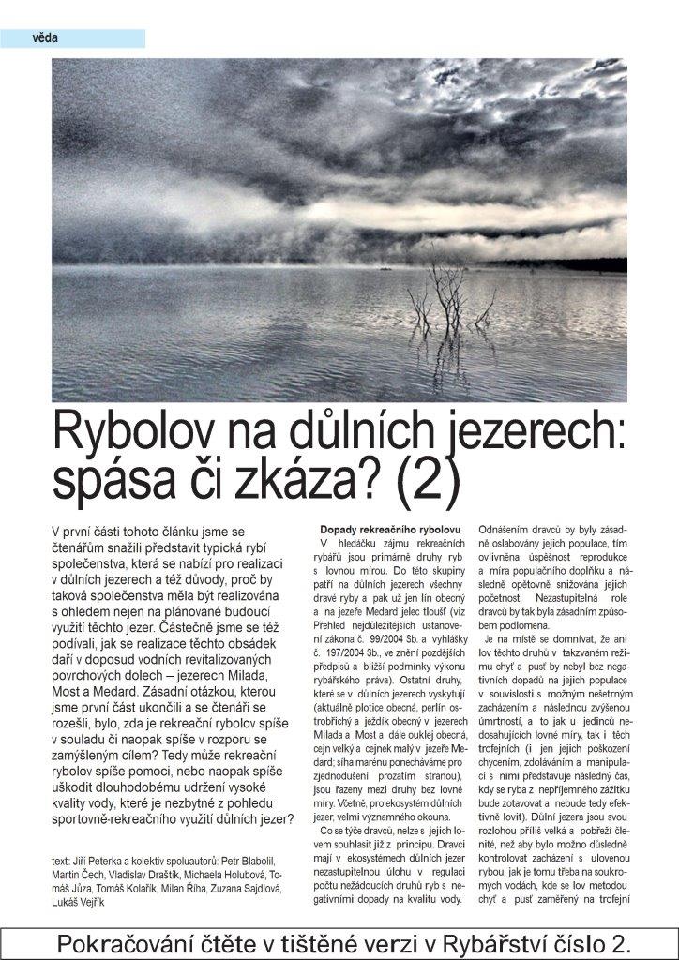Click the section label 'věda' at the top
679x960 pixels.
pos(44,38)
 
